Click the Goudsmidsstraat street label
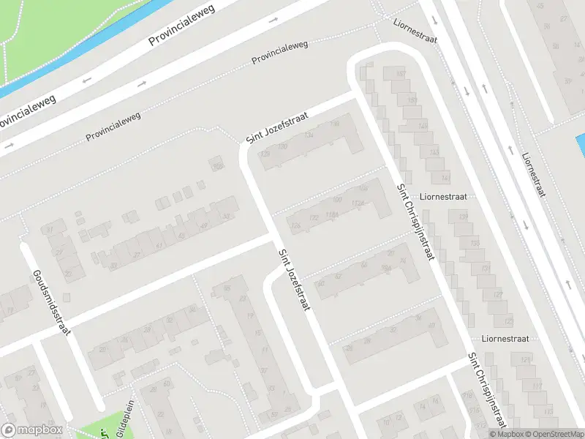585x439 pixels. tap(50, 302)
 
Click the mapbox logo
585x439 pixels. tap(33, 430)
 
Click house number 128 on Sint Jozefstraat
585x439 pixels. tap(264, 154)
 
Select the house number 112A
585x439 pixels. tap(357, 203)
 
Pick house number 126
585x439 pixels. tap(295, 225)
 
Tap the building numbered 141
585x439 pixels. tap(445, 178)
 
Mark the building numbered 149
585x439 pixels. tap(422, 126)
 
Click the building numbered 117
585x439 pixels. tap(538, 386)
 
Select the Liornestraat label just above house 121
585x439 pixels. tap(505, 339)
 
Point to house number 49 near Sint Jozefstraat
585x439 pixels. tap(205, 224)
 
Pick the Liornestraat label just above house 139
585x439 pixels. tap(448, 197)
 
